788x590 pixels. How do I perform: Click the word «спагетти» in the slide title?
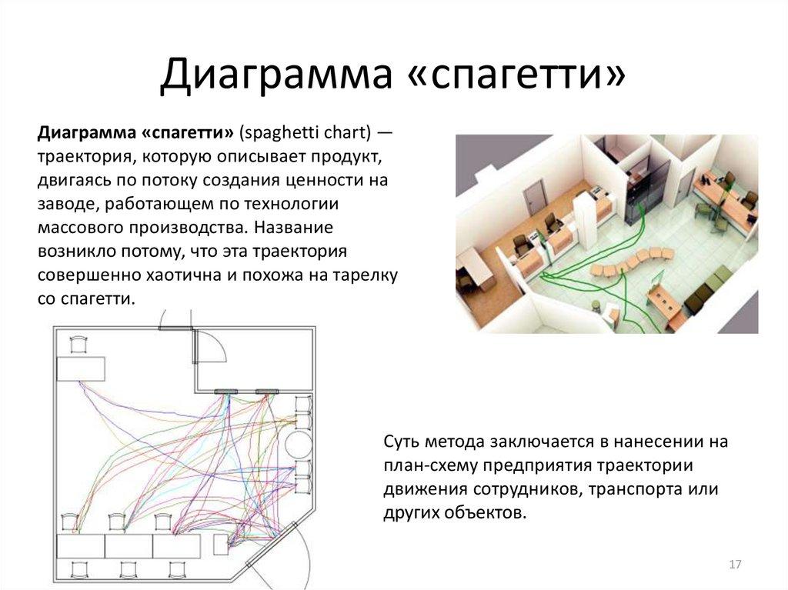(x=527, y=78)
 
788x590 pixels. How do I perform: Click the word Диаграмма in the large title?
(x=280, y=78)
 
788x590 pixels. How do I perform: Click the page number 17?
(x=734, y=565)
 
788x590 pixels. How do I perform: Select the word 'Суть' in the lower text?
(x=401, y=442)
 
